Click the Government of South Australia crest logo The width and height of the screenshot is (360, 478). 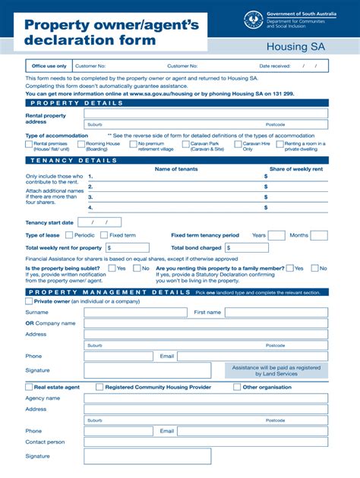254,20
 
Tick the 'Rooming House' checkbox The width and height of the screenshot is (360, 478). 80,143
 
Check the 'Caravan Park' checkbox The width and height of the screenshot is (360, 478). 186,143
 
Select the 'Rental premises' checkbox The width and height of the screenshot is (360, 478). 28,143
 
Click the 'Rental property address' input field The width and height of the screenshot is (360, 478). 206,114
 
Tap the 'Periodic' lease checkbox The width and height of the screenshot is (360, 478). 68,235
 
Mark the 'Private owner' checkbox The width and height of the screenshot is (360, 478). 29,301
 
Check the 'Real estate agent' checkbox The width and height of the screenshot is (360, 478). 29,387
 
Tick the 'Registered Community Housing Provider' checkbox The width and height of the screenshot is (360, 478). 99,387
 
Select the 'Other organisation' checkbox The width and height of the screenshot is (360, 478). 237,387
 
